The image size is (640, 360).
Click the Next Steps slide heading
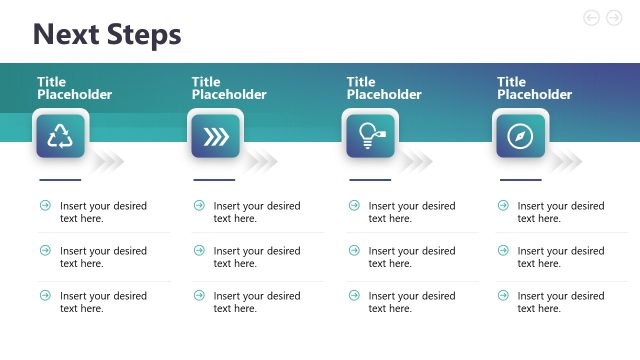pos(107,35)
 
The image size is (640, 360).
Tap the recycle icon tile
pos(61,136)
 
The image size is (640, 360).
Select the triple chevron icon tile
pos(215,136)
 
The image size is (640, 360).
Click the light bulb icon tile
pos(370,136)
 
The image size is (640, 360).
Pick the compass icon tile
pos(520,136)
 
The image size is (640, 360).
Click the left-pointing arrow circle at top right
pos(591,17)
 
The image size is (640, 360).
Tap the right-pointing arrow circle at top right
pos(614,17)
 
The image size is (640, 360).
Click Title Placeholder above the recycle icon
pos(75,88)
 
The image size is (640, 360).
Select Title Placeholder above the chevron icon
pos(229,88)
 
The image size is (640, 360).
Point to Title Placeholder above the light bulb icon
pos(384,88)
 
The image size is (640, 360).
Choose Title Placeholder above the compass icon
pos(534,88)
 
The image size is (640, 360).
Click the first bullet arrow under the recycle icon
pos(45,205)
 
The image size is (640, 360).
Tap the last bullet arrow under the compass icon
pos(504,295)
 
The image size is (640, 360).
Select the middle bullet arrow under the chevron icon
pos(199,250)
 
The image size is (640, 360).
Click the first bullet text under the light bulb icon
pos(411,212)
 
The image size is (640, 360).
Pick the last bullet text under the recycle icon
pos(103,302)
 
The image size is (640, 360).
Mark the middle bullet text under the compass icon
pos(561,257)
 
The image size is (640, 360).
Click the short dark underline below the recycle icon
pos(59,180)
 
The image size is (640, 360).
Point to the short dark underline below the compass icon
pos(519,180)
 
